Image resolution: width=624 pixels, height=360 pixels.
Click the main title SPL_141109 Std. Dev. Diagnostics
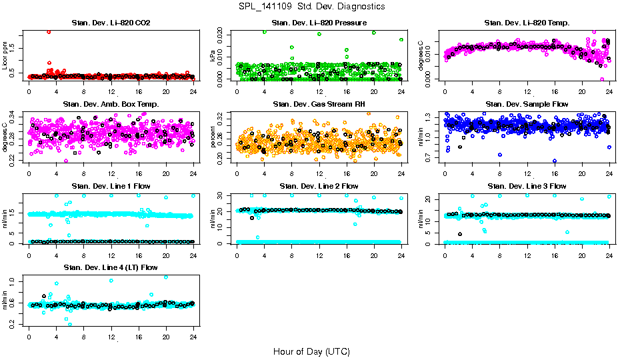(x=311, y=7)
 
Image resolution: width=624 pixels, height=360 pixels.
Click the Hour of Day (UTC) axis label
(x=311, y=351)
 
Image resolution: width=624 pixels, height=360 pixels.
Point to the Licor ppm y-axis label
(x=5, y=56)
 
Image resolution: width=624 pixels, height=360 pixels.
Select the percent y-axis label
(x=213, y=137)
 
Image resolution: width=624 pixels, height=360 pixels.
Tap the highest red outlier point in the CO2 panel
(x=49, y=32)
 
